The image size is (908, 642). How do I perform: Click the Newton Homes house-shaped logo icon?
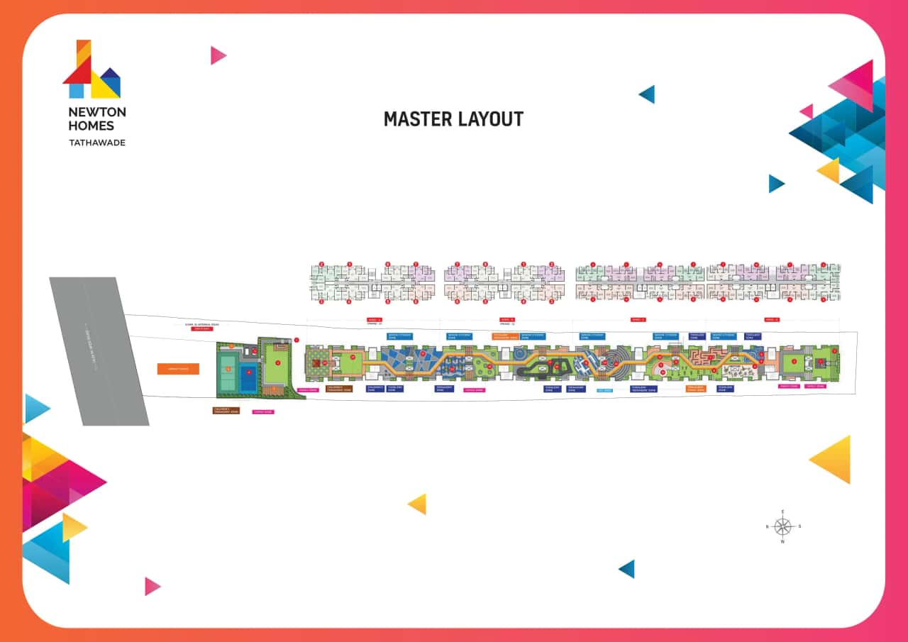point(91,70)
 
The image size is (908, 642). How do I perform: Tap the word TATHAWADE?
point(97,143)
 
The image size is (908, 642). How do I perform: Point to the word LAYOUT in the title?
point(492,119)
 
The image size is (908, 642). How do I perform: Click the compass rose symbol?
point(782,526)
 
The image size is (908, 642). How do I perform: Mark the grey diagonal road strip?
point(99,351)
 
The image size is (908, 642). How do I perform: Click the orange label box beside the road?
point(178,369)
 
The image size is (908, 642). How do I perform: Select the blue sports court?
point(248,377)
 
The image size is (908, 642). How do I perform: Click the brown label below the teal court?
point(226,410)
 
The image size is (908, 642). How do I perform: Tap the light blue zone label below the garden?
point(604,389)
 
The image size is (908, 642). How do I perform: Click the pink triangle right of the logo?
point(217,55)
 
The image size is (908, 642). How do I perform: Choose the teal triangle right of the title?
point(647,94)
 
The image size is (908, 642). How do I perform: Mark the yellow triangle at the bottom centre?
point(418,504)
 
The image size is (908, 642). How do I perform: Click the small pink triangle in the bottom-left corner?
point(152,586)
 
